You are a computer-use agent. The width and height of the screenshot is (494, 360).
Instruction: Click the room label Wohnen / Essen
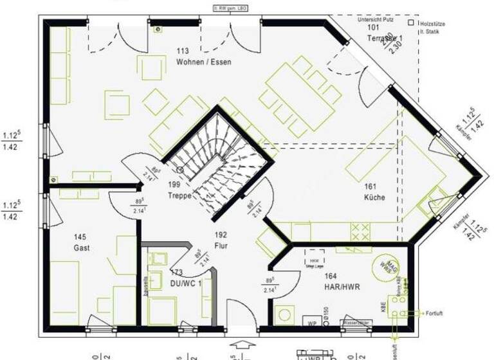203,62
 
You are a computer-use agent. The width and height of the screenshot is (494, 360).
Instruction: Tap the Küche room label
374,197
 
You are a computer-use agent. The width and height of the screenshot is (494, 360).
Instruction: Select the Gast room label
82,248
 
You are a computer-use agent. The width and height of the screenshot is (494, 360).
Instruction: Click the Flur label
221,246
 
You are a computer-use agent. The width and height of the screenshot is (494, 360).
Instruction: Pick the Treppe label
179,196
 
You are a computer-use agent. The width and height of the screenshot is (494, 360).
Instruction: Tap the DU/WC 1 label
185,283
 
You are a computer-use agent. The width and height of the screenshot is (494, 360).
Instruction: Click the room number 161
370,186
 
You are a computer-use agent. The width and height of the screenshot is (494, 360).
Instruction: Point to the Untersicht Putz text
376,19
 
